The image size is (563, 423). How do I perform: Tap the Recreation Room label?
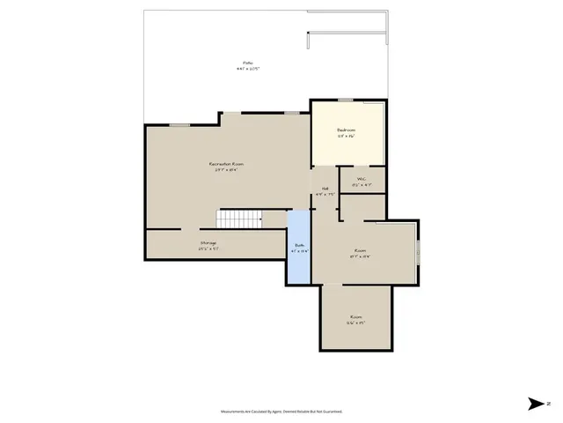(x=226, y=164)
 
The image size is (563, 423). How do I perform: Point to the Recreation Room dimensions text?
(x=226, y=170)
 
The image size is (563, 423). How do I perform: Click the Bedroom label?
(x=346, y=130)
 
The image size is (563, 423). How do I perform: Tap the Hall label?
(x=325, y=189)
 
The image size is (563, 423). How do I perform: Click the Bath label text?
(x=299, y=246)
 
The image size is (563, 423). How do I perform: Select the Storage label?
(x=208, y=242)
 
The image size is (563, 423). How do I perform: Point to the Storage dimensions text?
(x=208, y=249)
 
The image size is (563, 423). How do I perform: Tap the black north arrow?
(x=536, y=404)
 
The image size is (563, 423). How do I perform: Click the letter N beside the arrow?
(x=549, y=404)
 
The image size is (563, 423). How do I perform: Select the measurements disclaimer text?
(x=281, y=412)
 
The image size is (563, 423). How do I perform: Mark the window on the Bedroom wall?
(x=346, y=100)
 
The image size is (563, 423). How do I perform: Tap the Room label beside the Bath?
(x=360, y=250)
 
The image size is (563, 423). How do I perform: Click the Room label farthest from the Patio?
(x=356, y=316)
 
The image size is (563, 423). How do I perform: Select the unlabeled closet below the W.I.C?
(x=362, y=207)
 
